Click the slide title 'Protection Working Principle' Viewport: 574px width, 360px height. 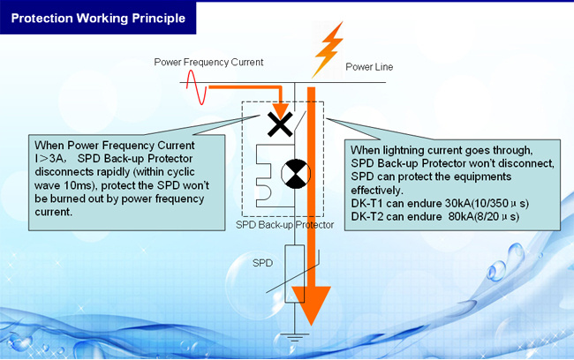(98, 19)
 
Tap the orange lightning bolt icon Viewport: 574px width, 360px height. (329, 49)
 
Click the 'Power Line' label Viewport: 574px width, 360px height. (369, 67)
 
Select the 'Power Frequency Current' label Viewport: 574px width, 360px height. (208, 62)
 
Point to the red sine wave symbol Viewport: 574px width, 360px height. (197, 87)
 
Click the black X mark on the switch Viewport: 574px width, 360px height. (280, 124)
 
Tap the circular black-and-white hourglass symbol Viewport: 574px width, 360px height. (296, 174)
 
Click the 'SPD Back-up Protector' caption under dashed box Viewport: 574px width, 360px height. (285, 225)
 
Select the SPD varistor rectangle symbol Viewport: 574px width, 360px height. (295, 274)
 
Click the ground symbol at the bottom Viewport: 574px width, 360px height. (295, 337)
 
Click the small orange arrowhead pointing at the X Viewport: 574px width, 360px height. (281, 111)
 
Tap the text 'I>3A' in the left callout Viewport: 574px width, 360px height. (49, 159)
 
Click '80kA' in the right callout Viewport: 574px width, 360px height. (461, 216)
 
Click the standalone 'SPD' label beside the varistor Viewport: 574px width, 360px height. (262, 263)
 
